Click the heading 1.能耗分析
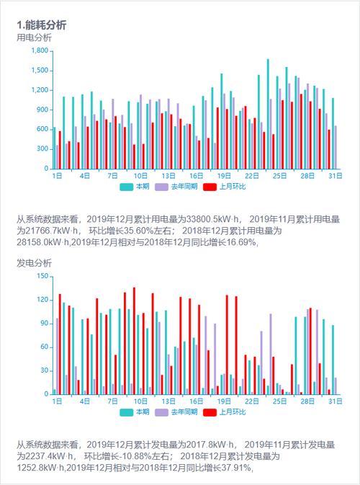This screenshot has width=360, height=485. coord(42,25)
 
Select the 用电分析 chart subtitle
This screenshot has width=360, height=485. coord(34,37)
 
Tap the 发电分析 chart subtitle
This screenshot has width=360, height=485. coord(34,264)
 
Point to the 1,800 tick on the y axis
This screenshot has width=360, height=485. coord(39,51)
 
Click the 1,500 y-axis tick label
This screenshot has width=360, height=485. coord(39,71)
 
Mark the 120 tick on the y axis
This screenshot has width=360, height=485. coord(42,299)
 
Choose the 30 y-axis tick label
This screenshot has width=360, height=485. coord(44,370)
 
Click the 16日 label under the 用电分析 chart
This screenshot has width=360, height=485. coord(197,176)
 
